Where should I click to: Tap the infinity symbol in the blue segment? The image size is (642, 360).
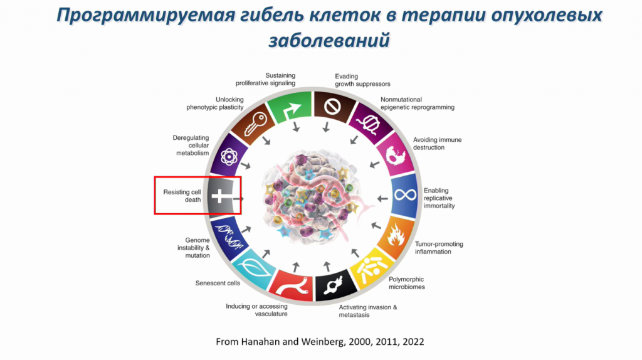(x=405, y=195)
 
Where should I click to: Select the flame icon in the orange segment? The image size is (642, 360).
(x=396, y=235)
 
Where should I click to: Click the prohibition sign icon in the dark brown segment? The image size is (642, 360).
(x=332, y=107)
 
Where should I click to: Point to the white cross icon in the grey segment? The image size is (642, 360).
(x=220, y=196)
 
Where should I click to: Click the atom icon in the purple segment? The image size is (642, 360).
(x=229, y=157)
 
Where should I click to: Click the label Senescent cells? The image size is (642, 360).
(x=218, y=283)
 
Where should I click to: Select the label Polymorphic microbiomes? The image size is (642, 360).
(x=406, y=283)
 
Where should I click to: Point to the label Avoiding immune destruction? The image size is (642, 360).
(x=437, y=144)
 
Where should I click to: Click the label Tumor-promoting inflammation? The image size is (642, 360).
(x=439, y=248)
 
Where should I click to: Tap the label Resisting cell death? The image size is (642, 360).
(x=182, y=196)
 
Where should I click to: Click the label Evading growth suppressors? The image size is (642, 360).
(x=362, y=80)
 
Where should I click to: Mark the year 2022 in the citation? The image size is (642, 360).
(x=413, y=342)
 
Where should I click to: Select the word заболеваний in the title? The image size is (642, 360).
(x=329, y=40)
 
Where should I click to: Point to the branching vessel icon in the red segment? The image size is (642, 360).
(x=292, y=287)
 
